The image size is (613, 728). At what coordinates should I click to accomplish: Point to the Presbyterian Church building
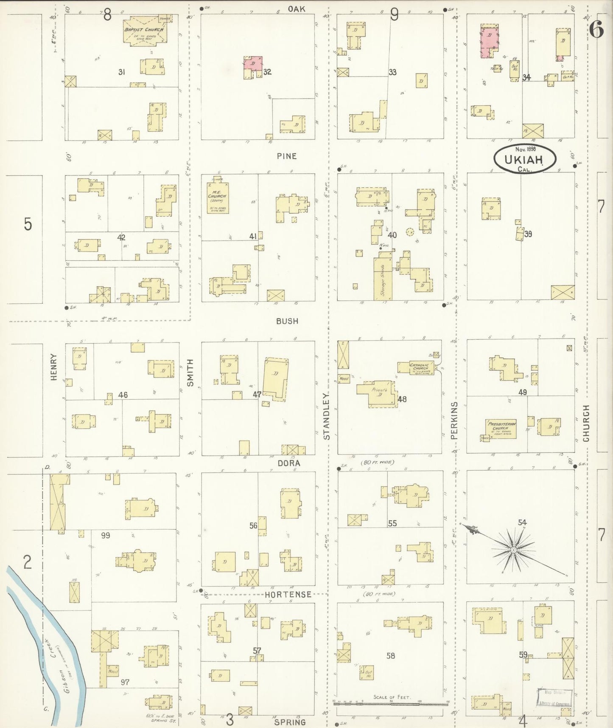point(501,429)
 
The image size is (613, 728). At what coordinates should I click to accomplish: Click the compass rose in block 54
point(513,550)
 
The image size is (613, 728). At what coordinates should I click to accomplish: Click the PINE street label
point(287,156)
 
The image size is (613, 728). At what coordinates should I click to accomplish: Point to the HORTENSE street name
point(288,595)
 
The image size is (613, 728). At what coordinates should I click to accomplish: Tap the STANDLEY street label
point(327,416)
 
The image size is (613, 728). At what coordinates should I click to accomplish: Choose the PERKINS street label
point(454,420)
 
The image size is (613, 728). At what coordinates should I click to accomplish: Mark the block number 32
point(267,72)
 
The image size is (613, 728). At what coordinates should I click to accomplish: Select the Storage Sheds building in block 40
point(383,278)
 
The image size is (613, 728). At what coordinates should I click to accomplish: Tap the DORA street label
point(289,463)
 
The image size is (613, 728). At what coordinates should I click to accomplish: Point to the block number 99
point(105,536)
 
